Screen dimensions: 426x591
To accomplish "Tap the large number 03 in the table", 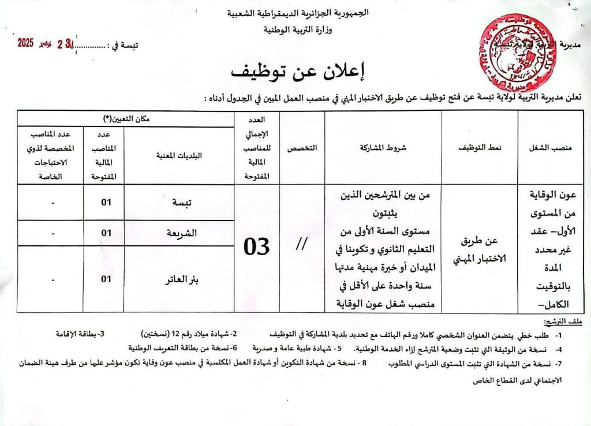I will [256, 247].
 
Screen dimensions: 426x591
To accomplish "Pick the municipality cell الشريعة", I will [180, 233].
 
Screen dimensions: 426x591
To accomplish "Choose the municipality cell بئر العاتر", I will [179, 279].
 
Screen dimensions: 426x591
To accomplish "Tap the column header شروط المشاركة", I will [383, 148].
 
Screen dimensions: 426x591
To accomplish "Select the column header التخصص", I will [301, 148].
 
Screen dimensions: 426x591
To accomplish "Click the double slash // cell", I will [301, 245].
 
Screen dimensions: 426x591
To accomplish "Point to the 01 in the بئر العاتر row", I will [106, 279].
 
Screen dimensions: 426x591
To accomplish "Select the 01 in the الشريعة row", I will [106, 233].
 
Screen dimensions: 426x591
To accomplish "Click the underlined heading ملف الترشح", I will [566, 321].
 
